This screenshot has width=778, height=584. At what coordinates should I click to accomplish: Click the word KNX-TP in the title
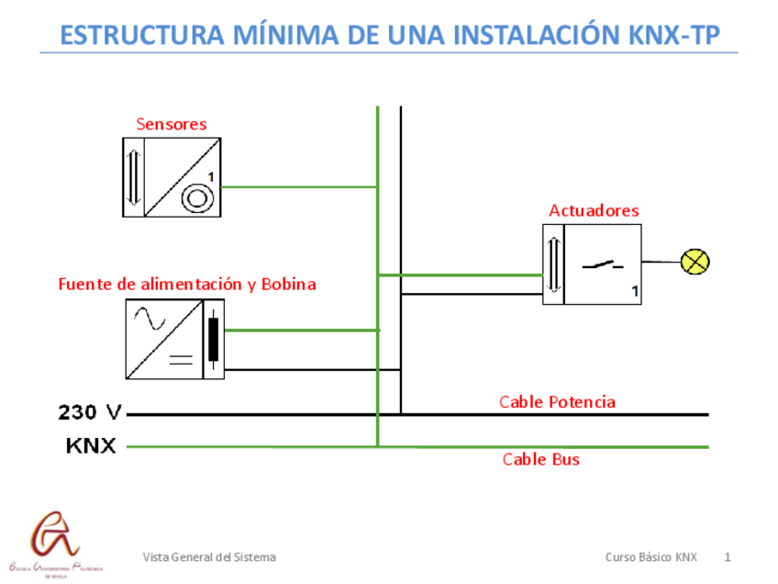[x=674, y=35]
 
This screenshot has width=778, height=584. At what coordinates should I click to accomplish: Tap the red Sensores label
[x=172, y=124]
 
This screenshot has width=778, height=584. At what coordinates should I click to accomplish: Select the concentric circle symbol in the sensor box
[x=197, y=197]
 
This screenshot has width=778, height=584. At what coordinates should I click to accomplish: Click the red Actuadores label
[x=594, y=211]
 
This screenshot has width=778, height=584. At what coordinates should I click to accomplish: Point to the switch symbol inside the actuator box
[x=602, y=265]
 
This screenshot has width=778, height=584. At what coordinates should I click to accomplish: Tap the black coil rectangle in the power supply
[x=214, y=340]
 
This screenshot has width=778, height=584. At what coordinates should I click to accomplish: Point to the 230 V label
[x=90, y=412]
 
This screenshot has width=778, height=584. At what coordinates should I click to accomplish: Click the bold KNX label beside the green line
[x=91, y=446]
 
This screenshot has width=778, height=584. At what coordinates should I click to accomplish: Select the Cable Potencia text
[x=557, y=402]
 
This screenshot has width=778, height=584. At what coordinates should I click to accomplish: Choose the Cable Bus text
[x=540, y=459]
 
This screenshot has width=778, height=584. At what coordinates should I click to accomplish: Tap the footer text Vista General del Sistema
[x=209, y=557]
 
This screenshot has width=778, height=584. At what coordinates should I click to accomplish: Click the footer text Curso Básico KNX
[x=650, y=557]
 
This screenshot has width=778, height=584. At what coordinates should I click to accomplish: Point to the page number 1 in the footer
[x=728, y=557]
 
